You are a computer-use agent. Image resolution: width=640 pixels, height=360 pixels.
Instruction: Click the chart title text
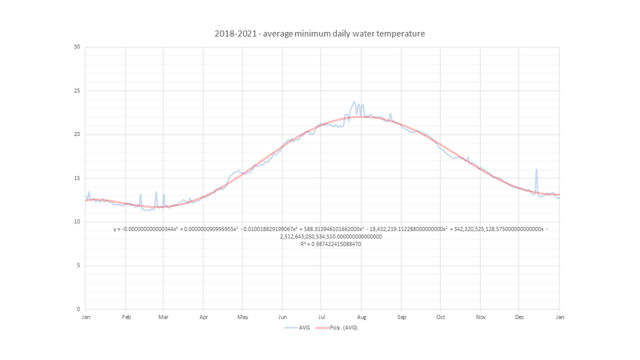point(319,34)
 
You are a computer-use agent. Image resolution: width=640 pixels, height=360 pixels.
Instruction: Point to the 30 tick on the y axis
point(78,46)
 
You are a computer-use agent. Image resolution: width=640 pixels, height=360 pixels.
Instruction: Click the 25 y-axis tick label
point(78,90)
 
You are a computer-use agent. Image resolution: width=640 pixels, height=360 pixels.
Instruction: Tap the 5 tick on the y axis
point(78,266)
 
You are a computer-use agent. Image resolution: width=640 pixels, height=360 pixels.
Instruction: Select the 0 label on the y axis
point(78,309)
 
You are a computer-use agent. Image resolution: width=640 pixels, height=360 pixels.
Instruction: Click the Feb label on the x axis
point(126,318)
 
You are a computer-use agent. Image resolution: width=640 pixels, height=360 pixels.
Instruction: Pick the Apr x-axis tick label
point(203,318)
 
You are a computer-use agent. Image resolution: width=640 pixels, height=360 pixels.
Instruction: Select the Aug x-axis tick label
point(362,318)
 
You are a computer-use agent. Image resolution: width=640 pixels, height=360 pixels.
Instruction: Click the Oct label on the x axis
point(440,318)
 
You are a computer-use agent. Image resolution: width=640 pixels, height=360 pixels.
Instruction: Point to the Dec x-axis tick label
point(519,318)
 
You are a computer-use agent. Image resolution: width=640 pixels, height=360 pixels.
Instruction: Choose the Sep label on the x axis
point(402,318)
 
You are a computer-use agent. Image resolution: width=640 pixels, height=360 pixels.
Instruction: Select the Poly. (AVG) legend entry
point(340,327)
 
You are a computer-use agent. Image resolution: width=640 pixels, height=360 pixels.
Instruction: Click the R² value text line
point(330,244)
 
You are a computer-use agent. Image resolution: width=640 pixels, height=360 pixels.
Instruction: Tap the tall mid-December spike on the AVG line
point(536,170)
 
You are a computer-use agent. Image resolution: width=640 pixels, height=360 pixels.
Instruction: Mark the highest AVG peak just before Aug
point(354,102)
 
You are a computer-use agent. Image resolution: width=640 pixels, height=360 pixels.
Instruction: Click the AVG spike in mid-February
point(141,194)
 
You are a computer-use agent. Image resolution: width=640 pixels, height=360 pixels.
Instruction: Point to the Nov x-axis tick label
point(480,318)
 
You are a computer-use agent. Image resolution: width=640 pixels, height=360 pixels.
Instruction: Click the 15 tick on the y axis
point(78,178)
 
